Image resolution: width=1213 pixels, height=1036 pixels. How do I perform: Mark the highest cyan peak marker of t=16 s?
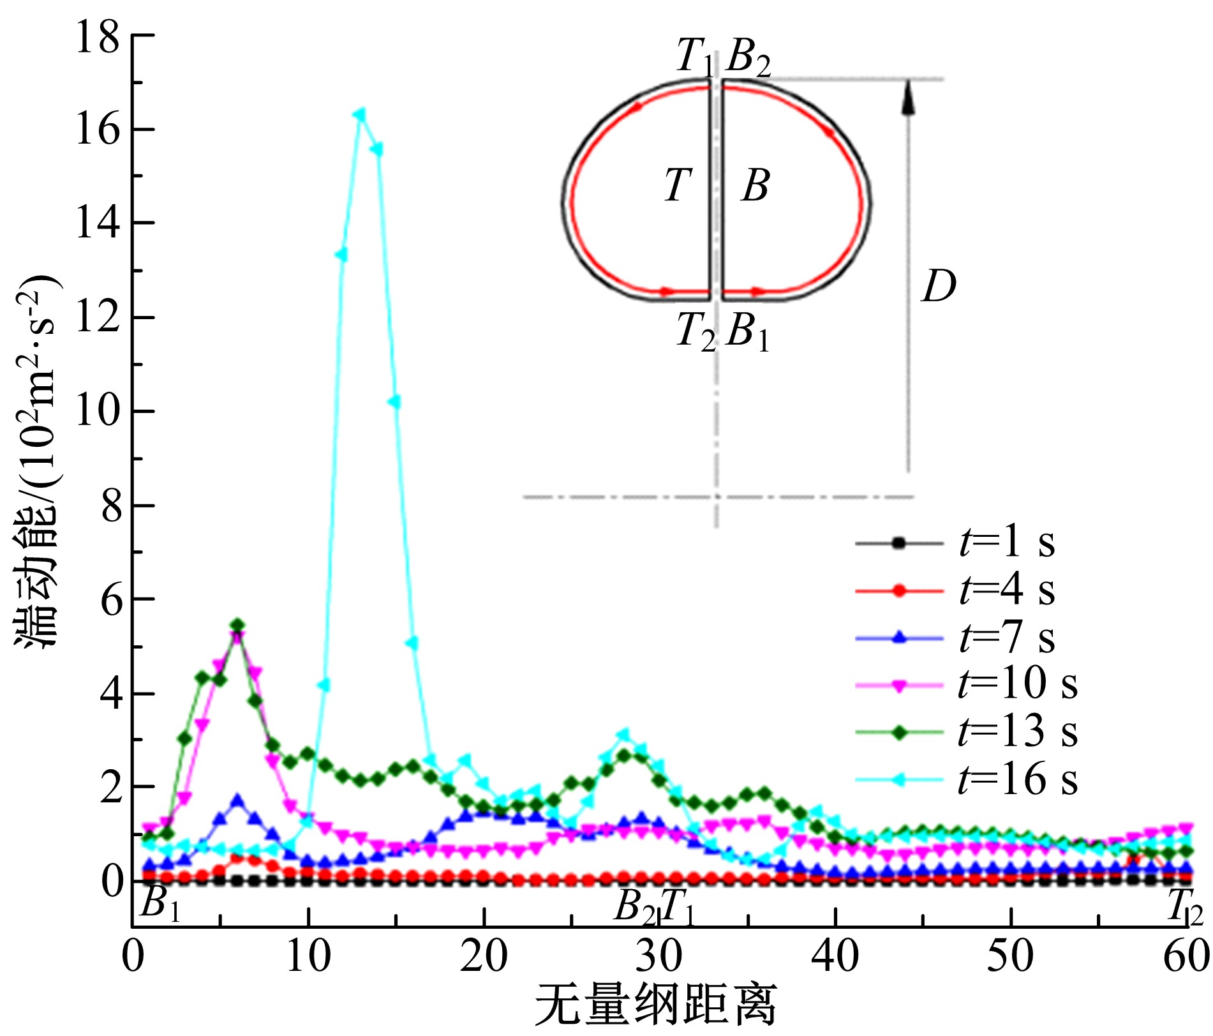pos(361,115)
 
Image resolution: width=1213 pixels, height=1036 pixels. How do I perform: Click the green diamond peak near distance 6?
pos(238,624)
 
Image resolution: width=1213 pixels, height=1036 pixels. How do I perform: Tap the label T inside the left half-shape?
pos(678,186)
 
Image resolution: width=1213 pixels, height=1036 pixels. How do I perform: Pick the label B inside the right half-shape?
pos(755,186)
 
